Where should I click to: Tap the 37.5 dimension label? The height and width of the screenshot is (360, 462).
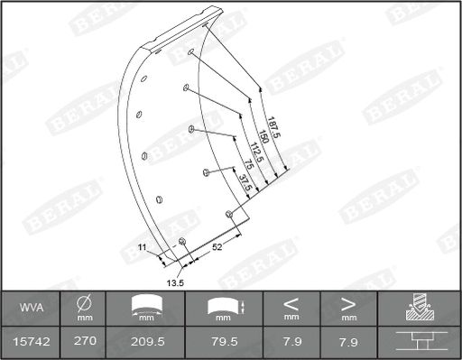coord(245,180)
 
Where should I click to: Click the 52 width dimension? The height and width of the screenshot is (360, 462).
coord(217,245)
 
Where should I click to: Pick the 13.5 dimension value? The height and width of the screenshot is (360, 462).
coord(176,282)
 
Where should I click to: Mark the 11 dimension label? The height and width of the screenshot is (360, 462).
coord(142,246)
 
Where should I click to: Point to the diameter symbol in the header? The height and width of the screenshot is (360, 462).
coord(85,304)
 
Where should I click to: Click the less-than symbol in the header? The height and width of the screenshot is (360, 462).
coord(291,304)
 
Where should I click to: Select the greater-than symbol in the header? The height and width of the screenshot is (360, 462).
coord(348,304)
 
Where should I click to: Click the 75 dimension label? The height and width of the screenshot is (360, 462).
coord(249,168)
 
